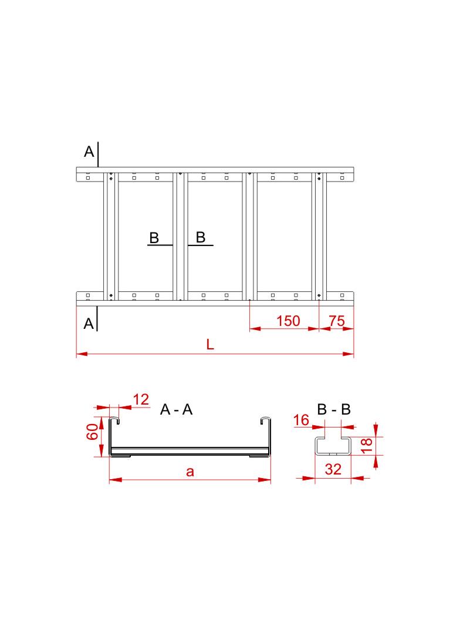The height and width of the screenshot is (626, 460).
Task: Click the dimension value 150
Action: [288, 321]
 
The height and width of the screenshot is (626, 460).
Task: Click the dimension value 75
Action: [336, 321]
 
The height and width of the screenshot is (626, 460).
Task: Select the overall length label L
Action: [210, 345]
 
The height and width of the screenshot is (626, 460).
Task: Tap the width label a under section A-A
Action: [190, 471]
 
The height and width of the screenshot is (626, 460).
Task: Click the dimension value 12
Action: [141, 400]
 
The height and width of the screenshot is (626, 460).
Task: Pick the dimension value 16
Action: [301, 420]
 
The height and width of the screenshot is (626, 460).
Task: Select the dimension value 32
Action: [332, 469]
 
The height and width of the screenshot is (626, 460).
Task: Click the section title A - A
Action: [177, 410]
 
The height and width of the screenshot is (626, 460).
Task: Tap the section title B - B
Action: [334, 410]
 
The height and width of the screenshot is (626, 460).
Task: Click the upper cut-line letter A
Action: [89, 152]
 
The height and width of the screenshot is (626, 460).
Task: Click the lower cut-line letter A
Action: [89, 324]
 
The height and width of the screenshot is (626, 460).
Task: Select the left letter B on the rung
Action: [154, 238]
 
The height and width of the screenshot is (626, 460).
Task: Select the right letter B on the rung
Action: [201, 237]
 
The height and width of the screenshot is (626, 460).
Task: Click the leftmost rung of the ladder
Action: [111, 235]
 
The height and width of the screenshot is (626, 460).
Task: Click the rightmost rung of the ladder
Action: [319, 235]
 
